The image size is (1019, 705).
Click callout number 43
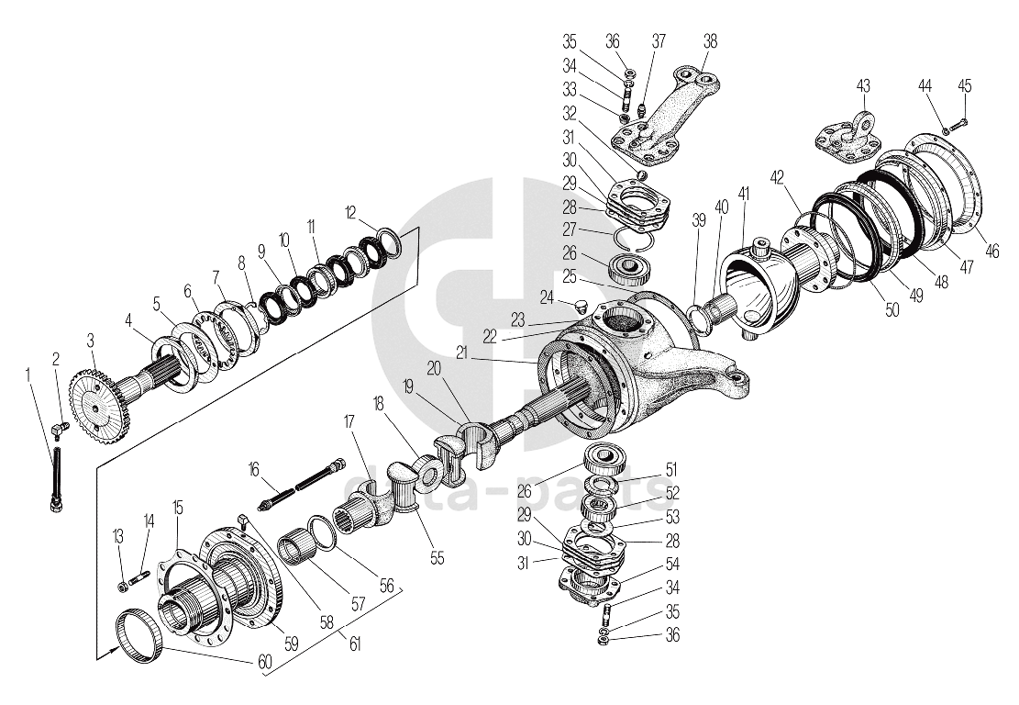point(863,85)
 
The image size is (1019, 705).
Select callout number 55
point(436,557)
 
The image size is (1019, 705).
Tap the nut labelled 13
point(121,587)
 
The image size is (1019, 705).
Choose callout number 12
point(350,212)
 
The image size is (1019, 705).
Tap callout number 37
point(659,40)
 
